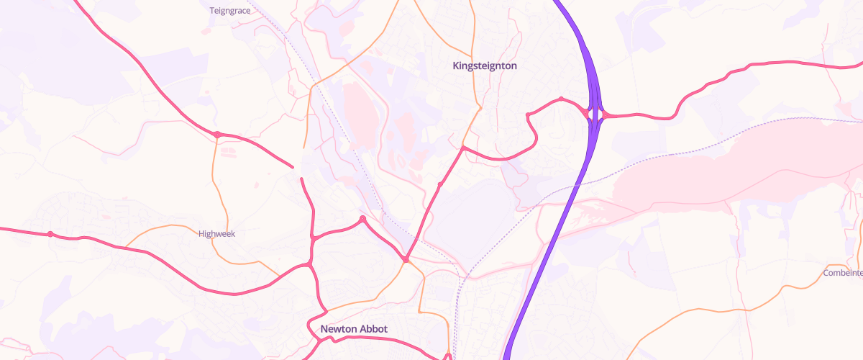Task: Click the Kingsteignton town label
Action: [x=485, y=66]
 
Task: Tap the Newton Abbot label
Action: [x=354, y=329]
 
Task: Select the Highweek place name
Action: [x=216, y=233]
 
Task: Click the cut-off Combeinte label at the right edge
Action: [x=843, y=273]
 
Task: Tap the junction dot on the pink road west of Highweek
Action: [x=50, y=234]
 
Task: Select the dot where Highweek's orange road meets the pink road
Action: [x=217, y=134]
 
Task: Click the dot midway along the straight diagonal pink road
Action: [x=440, y=185]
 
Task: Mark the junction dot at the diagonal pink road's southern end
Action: [x=406, y=259]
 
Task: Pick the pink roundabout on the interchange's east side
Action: [x=605, y=114]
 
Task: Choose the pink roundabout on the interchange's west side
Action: [x=587, y=113]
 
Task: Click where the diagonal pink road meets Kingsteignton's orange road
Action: [x=464, y=148]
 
